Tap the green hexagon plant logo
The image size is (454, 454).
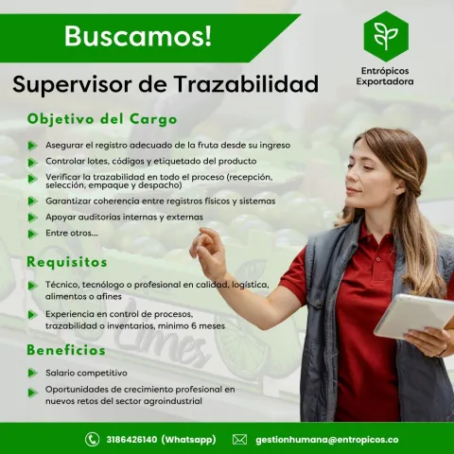(x=385, y=36)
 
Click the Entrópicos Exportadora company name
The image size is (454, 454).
(x=385, y=76)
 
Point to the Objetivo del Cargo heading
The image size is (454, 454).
(x=102, y=120)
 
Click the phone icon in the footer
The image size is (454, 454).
(x=93, y=440)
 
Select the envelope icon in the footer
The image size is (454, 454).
(x=239, y=440)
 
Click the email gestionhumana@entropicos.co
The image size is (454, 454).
(x=326, y=440)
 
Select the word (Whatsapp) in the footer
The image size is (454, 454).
(x=188, y=440)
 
